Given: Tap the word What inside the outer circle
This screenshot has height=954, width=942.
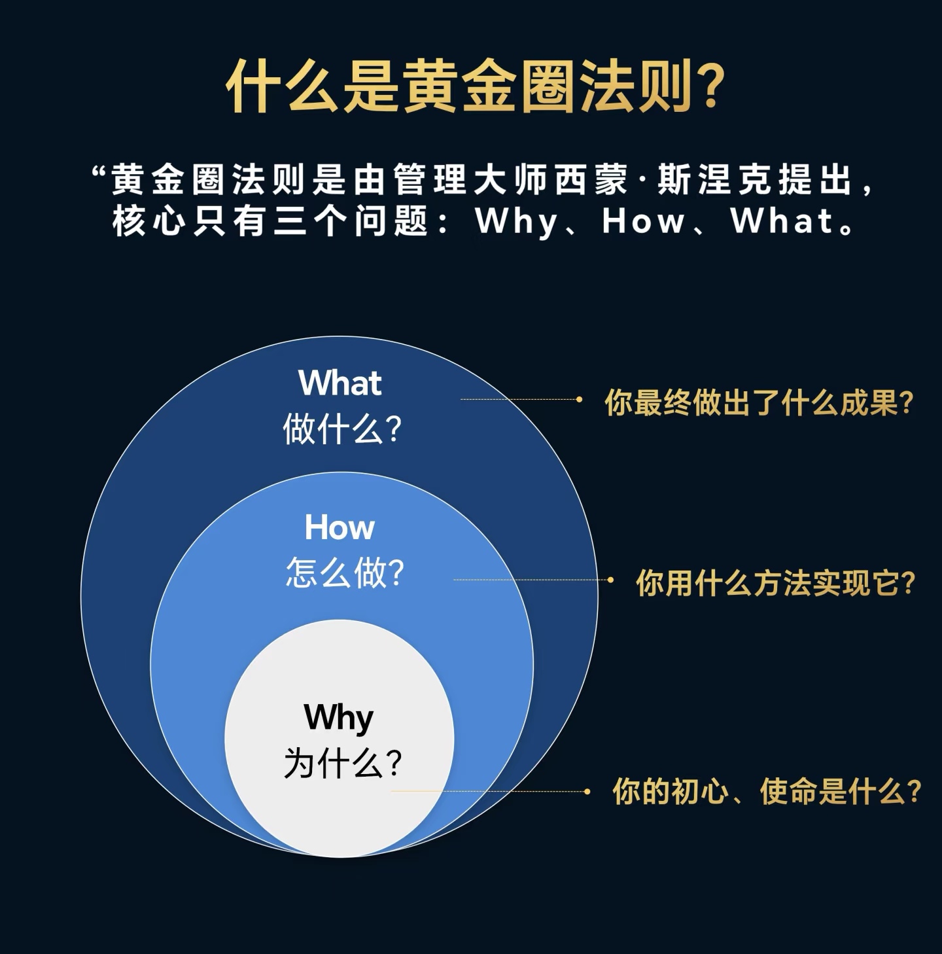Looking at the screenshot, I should click(x=340, y=383).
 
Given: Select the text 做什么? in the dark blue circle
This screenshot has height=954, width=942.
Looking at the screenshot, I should click(x=341, y=430).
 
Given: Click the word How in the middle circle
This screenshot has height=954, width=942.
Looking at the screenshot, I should click(x=340, y=527).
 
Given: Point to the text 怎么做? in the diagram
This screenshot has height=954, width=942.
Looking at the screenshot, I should click(x=345, y=573).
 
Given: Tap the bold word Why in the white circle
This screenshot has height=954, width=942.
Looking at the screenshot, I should click(x=339, y=718).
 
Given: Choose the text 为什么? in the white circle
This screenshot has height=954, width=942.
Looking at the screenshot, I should click(x=342, y=764).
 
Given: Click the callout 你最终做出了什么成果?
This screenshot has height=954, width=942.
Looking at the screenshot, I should click(x=758, y=402).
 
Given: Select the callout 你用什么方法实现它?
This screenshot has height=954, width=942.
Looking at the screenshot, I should click(x=775, y=582).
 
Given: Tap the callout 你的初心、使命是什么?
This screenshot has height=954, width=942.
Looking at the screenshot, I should click(x=767, y=791).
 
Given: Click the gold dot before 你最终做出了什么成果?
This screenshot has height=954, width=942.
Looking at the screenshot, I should click(x=579, y=399).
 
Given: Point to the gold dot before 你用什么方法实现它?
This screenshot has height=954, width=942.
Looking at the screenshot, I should click(x=610, y=580).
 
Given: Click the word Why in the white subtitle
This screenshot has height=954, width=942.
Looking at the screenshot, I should click(x=517, y=221).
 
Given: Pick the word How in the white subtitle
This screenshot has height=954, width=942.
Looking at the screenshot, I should click(x=642, y=221).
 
